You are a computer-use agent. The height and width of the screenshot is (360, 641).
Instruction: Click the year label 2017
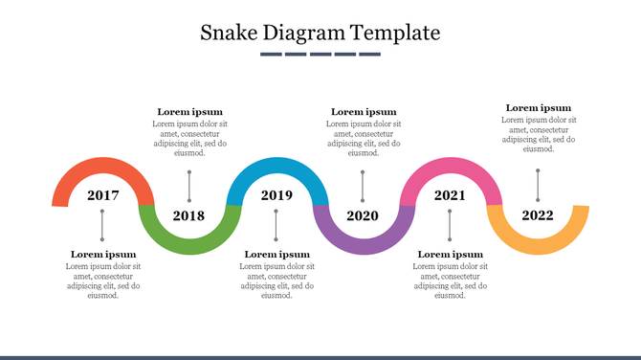click(102, 195)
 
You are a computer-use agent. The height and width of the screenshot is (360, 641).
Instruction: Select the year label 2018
click(188, 215)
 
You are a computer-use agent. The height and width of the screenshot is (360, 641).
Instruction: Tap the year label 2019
click(276, 195)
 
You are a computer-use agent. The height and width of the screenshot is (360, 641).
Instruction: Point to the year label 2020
click(363, 215)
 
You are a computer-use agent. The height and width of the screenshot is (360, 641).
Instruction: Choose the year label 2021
click(450, 195)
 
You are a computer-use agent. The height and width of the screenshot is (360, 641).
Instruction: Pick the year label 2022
click(538, 215)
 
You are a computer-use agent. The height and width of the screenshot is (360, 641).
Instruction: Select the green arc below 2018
click(189, 246)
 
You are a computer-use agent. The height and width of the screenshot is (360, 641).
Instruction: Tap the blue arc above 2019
click(276, 165)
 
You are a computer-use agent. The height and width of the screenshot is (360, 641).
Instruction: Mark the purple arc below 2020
click(364, 246)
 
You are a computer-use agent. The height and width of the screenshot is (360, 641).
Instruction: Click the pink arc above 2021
click(451, 165)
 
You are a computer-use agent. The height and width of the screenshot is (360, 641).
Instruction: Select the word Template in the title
click(395, 33)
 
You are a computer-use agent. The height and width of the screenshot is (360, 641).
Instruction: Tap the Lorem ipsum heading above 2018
click(189, 112)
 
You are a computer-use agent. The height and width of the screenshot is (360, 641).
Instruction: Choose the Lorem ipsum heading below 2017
click(103, 255)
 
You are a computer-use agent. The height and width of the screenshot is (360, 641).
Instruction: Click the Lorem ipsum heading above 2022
click(539, 108)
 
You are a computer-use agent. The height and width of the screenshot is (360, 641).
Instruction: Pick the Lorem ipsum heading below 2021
click(451, 255)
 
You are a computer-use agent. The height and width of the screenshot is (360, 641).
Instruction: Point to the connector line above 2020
click(363, 186)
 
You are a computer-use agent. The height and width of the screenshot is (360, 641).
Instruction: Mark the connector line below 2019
click(276, 226)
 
